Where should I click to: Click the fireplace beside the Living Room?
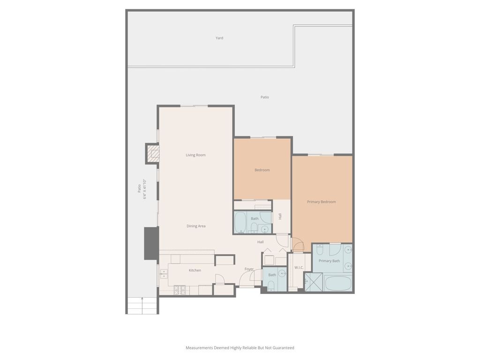153,153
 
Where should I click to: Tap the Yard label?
219,38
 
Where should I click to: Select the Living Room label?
195,155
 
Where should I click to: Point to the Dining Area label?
196,226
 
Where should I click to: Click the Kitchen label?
195,270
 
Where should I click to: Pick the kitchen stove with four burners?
180,290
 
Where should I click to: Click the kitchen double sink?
164,274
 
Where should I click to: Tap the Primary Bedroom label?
322,202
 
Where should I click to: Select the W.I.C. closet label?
299,268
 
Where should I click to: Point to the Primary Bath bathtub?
337,284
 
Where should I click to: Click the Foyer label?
249,269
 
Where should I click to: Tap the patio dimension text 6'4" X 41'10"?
145,189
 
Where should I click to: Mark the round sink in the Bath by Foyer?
282,272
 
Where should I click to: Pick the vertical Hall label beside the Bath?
280,217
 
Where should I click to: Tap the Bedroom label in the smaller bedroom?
262,170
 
